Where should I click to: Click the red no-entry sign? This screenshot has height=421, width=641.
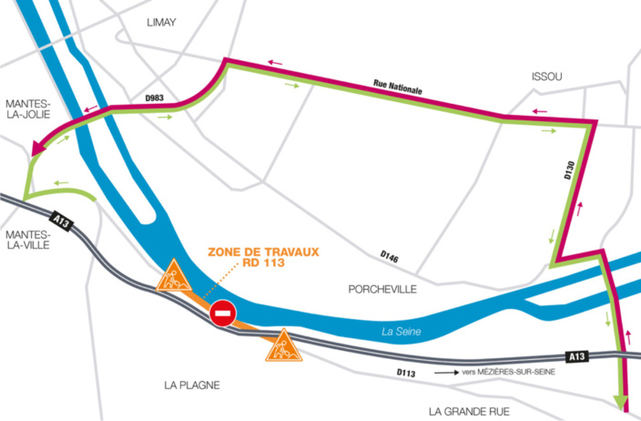pos(223,314)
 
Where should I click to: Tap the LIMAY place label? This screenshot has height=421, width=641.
pos(161,23)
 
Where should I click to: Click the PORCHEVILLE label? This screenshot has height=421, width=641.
pos(382,289)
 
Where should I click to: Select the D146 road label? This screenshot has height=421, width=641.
pos(391,255)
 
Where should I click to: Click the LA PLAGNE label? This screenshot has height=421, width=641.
pos(192,385)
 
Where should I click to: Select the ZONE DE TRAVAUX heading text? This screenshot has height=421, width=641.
pos(263,252)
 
